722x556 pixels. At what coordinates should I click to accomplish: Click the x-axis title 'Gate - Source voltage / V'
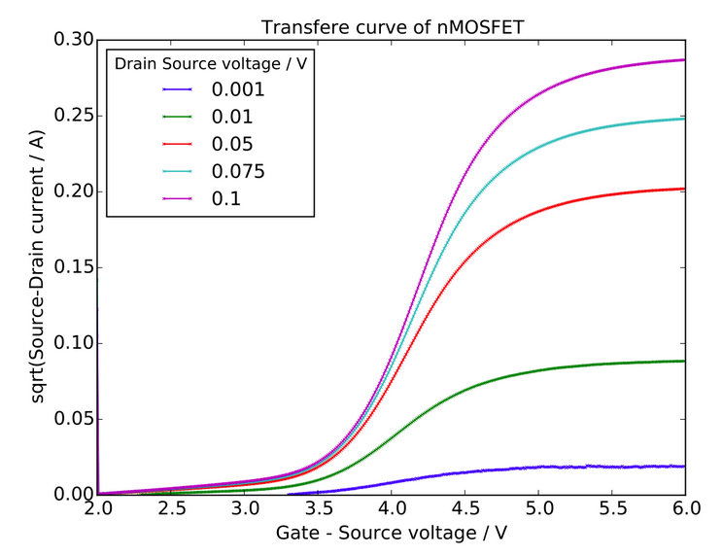tap(391, 534)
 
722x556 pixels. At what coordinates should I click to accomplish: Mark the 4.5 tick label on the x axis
tap(464, 508)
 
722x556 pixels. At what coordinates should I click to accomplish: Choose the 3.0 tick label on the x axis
tap(244, 508)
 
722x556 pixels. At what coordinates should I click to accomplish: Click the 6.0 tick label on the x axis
tap(684, 508)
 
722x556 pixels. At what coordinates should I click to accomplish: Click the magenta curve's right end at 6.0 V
tap(684, 60)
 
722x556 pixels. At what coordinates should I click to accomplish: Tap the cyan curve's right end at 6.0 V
tap(684, 119)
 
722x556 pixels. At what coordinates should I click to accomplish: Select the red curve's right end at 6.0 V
tap(684, 189)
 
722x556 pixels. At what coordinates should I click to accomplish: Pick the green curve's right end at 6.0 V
tap(684, 361)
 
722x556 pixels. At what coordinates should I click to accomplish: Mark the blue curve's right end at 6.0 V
tap(684, 466)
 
